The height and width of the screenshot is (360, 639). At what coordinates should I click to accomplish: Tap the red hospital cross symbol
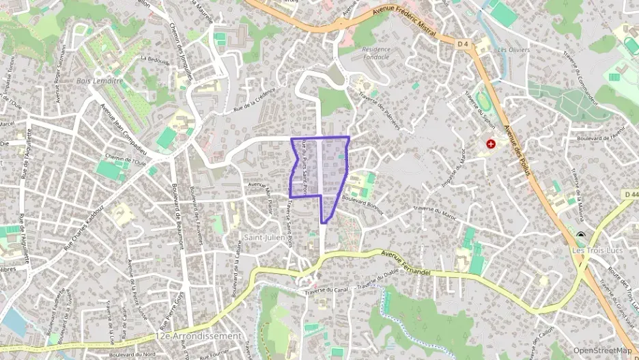tap(490, 144)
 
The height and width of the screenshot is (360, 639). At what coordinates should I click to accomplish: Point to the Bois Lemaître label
tap(100, 81)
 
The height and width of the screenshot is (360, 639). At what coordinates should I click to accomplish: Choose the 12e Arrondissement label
tap(199, 336)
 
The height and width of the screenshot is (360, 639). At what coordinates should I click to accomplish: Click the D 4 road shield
tap(463, 44)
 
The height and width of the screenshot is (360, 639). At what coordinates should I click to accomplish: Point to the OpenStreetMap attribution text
tap(602, 350)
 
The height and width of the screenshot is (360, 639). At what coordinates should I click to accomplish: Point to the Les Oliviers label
tap(513, 49)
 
